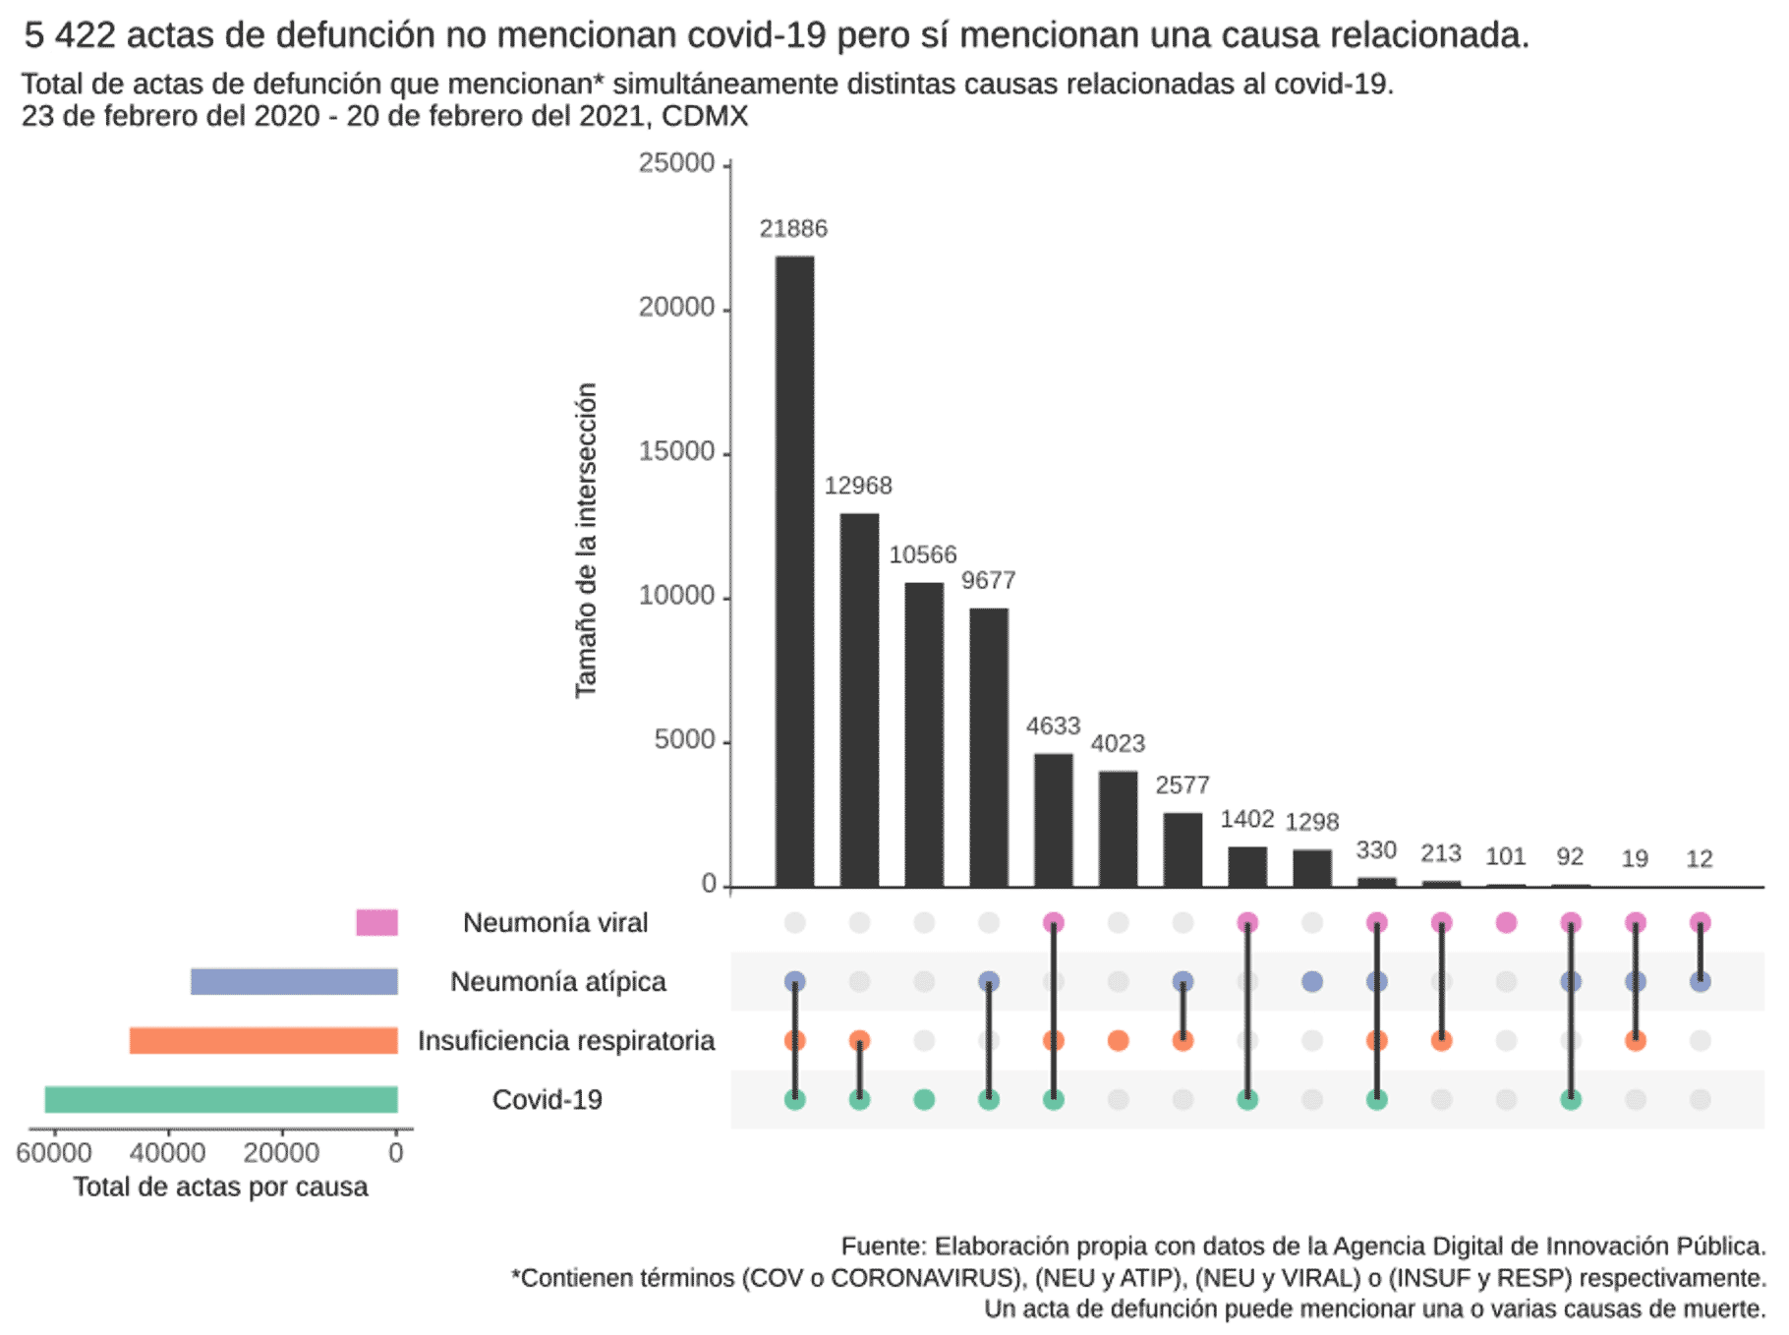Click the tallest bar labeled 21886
(x=794, y=570)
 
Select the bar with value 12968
(x=859, y=699)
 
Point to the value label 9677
(x=988, y=581)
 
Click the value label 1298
(x=1311, y=822)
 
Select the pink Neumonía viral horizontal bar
(x=376, y=922)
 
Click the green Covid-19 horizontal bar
(x=221, y=1099)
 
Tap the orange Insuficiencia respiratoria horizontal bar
(x=263, y=1040)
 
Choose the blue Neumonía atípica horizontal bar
(x=294, y=981)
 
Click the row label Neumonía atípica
(x=557, y=981)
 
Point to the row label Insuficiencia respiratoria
(x=565, y=1040)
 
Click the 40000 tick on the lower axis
(x=168, y=1152)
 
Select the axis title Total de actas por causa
(x=220, y=1187)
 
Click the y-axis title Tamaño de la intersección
(x=586, y=540)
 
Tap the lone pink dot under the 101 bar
(x=1505, y=922)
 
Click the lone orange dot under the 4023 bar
(x=1118, y=1040)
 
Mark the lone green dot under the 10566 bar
(x=923, y=1099)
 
